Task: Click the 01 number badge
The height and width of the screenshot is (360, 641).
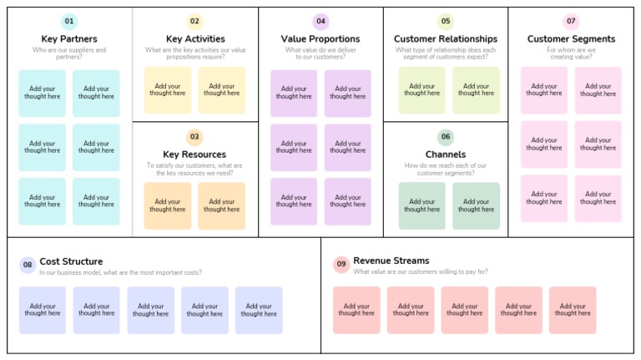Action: coord(69,22)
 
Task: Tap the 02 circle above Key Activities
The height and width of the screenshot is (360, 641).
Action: coord(194,22)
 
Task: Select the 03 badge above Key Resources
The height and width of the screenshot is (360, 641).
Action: coord(194,137)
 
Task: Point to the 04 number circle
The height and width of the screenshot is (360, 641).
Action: coord(320,22)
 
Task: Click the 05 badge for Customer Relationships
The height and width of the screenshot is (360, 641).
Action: coord(446,22)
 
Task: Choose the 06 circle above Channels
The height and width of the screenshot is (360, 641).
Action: coord(446,137)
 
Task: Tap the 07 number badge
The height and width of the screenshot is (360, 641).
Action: coord(571,22)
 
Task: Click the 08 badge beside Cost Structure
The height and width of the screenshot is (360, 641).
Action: coord(28,265)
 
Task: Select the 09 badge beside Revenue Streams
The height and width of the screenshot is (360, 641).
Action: coord(341,265)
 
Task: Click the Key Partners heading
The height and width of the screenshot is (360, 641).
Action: coord(69,39)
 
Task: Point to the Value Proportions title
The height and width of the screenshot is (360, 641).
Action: coord(320,39)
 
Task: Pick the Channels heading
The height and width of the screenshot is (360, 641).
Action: coord(446,155)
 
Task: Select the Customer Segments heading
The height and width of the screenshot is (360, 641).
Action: coord(571,39)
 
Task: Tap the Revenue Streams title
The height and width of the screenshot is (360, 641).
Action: coord(391,261)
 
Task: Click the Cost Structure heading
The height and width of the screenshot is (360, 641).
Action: coord(71,261)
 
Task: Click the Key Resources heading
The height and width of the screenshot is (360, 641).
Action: coord(194,155)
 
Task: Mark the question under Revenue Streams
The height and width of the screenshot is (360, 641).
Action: coord(421,271)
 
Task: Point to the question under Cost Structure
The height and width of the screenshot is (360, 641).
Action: coord(120,272)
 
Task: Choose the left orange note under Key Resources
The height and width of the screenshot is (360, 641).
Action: coord(168,205)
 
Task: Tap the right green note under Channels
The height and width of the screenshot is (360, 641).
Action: coord(476,205)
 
